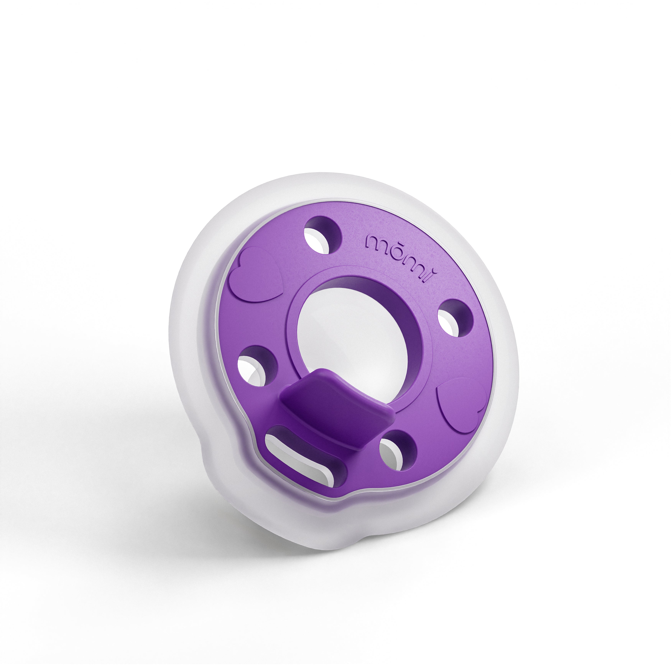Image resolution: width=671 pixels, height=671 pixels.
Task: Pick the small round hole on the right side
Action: (455, 318)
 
